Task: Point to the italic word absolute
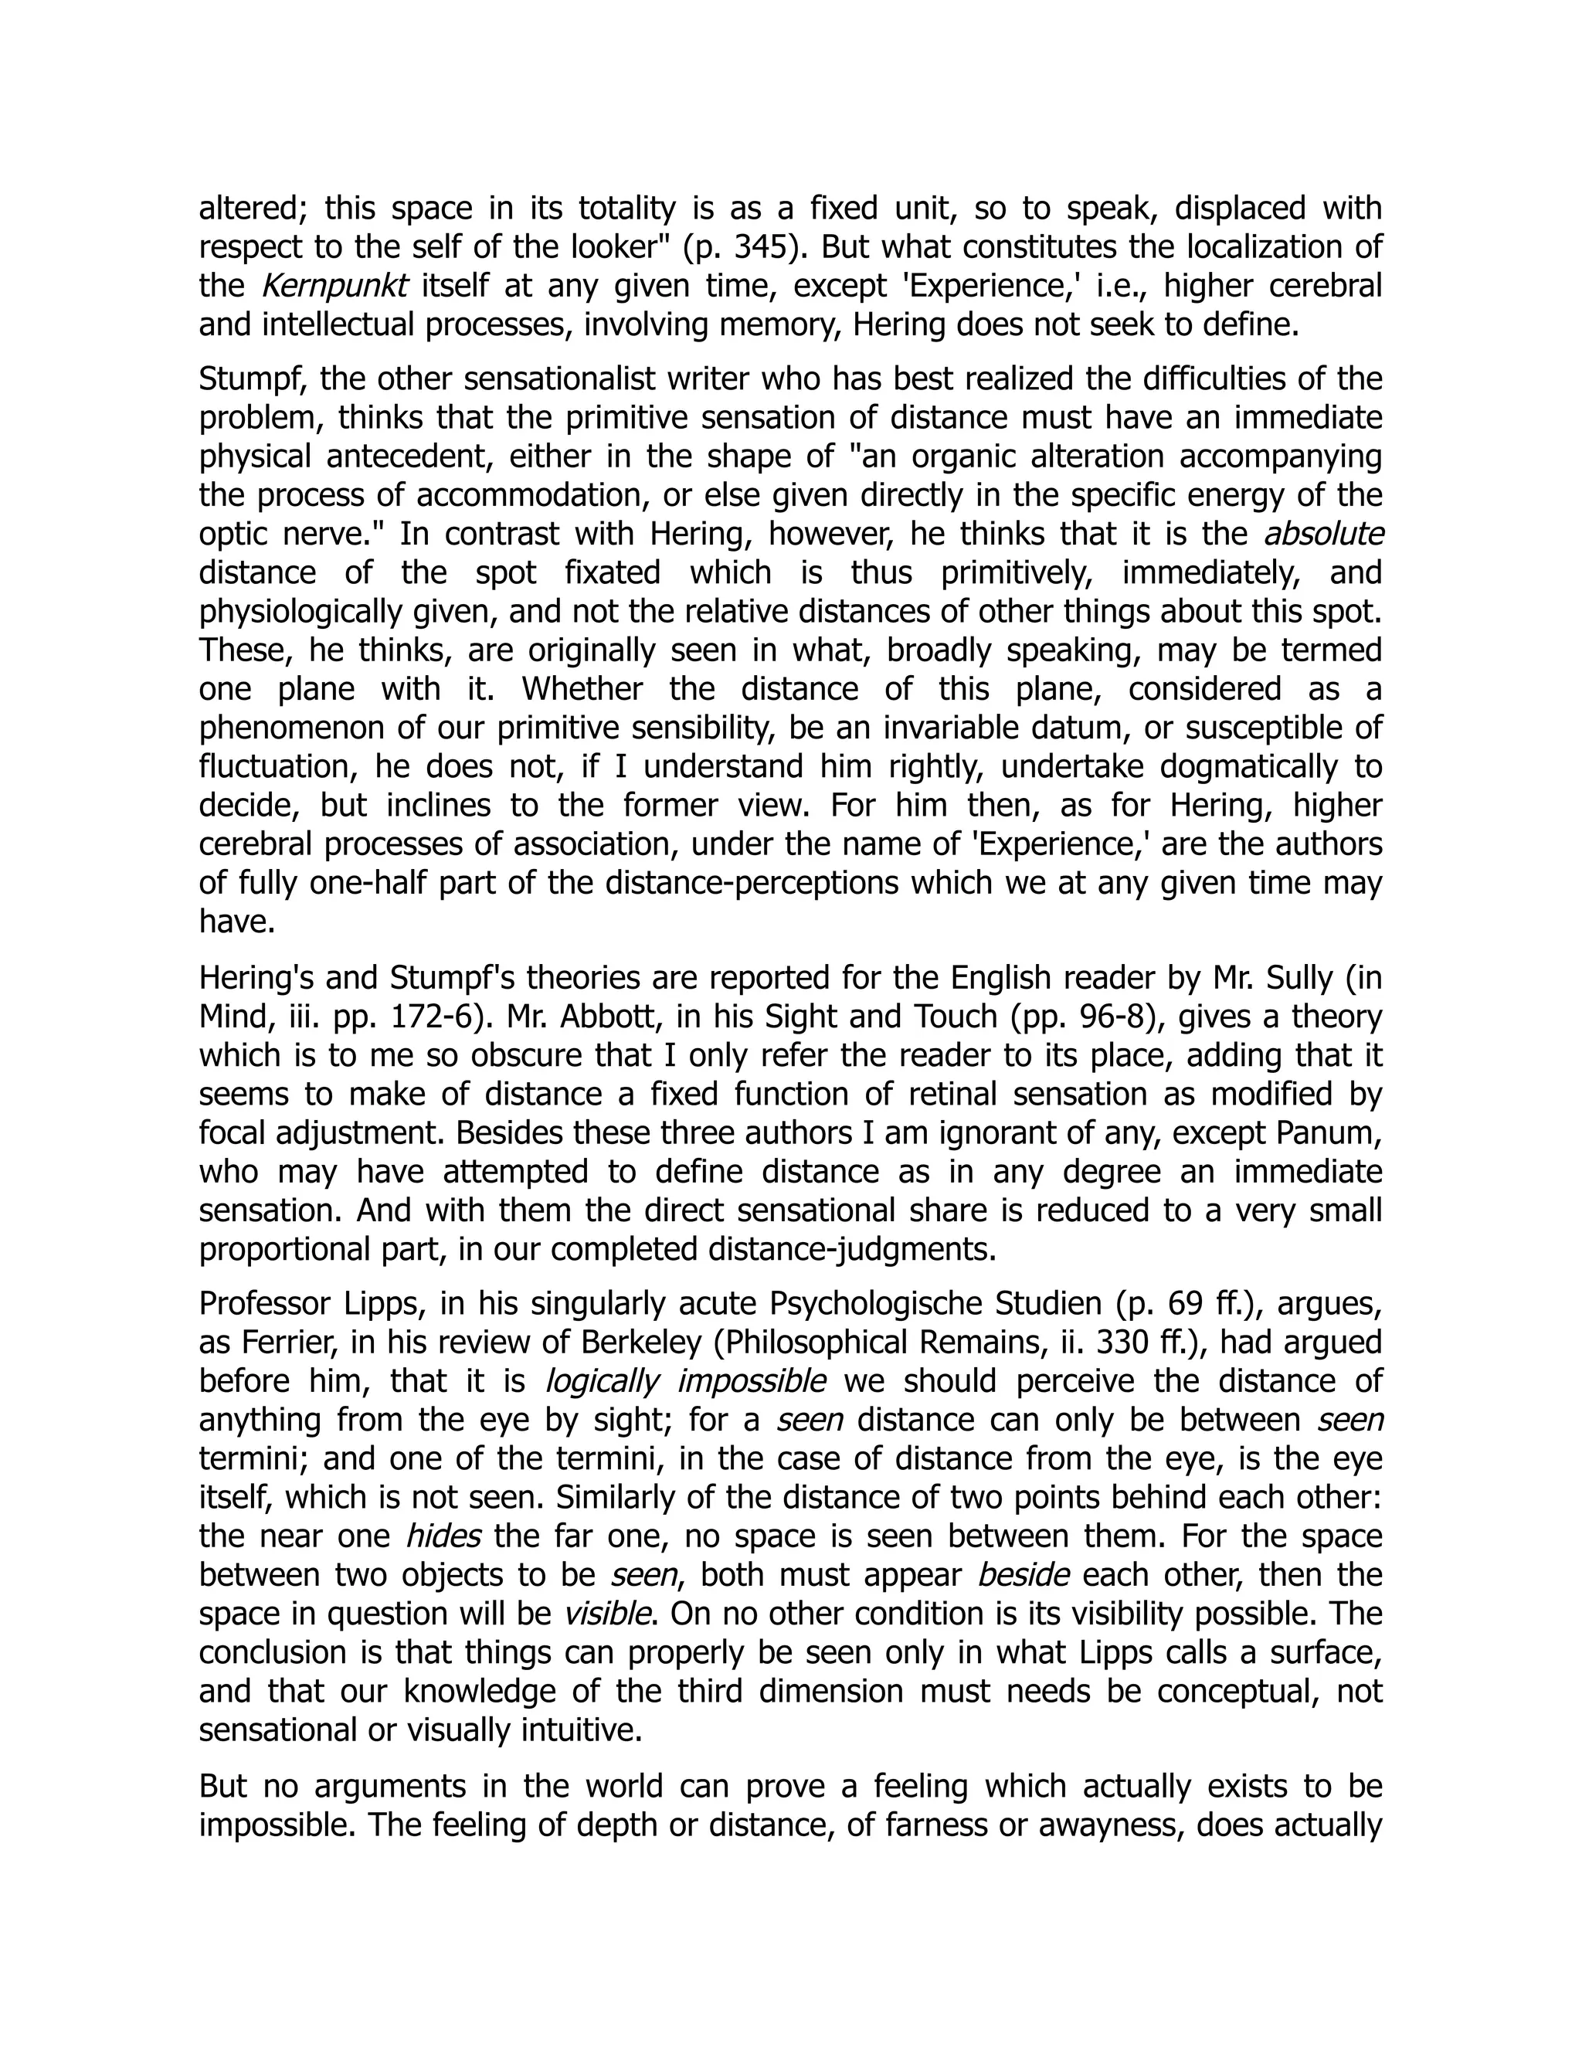1323,533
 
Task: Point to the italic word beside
1023,1574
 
